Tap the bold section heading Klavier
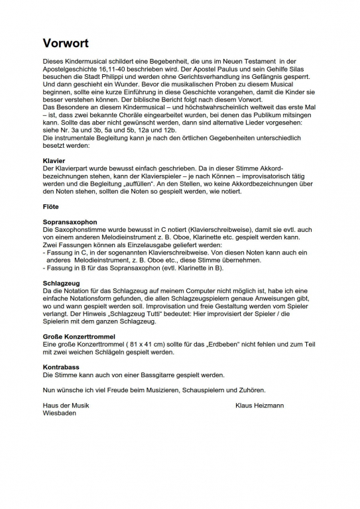click(53, 161)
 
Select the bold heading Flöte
click(50, 207)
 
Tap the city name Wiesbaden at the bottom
click(59, 412)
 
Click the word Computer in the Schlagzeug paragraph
click(206, 290)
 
